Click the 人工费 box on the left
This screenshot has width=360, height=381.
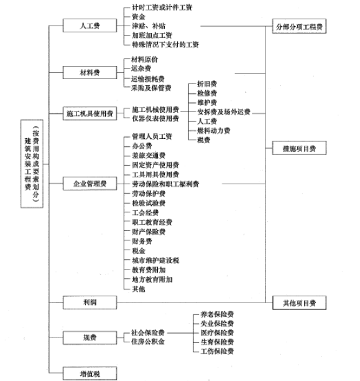90,26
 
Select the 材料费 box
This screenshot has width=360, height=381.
90,72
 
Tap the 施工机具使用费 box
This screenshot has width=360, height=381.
90,113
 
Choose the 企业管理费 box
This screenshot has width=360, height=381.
90,184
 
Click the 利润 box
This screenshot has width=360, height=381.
90,303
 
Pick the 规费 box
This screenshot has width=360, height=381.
90,337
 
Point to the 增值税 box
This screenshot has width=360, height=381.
90,374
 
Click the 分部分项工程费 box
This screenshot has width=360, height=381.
299,26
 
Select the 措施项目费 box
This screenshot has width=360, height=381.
299,148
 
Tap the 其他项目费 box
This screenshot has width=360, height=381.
299,303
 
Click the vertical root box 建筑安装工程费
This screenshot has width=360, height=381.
32,164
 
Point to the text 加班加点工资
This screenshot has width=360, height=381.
152,35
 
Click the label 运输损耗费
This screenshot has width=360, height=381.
148,78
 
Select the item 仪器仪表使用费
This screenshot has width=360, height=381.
155,118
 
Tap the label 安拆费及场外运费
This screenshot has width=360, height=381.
224,112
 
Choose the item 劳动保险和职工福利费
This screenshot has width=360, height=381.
165,184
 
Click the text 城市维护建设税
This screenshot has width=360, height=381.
155,260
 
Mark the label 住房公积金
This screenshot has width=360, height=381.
148,342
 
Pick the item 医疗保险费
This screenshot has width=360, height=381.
217,332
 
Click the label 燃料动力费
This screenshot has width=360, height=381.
214,131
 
